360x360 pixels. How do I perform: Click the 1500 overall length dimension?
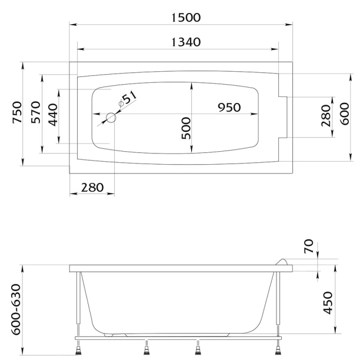186,18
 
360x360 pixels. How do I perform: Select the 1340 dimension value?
186,42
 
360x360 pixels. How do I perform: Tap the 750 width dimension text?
18,112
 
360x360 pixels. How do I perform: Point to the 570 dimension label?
36,112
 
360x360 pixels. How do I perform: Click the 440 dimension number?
54,115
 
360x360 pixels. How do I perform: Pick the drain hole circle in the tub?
111,118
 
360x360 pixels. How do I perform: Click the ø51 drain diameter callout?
128,99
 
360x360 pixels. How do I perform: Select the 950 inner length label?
229,108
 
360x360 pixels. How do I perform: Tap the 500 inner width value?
186,128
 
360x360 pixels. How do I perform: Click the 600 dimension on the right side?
345,114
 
